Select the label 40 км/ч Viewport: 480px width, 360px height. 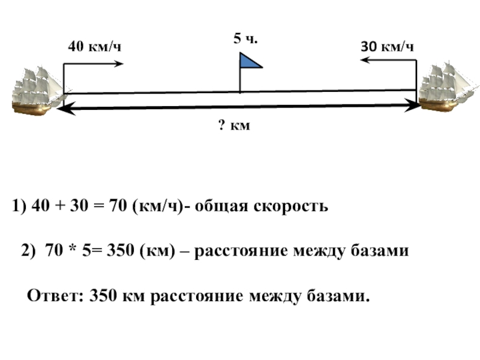(x=95, y=46)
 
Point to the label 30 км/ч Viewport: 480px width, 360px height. (x=387, y=46)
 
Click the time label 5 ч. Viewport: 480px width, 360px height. (x=245, y=39)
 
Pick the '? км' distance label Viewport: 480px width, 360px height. (x=233, y=125)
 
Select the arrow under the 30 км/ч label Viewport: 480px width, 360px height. (x=388, y=61)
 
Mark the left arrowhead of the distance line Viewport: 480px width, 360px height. (x=67, y=107)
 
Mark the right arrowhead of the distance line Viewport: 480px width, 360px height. (x=414, y=106)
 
